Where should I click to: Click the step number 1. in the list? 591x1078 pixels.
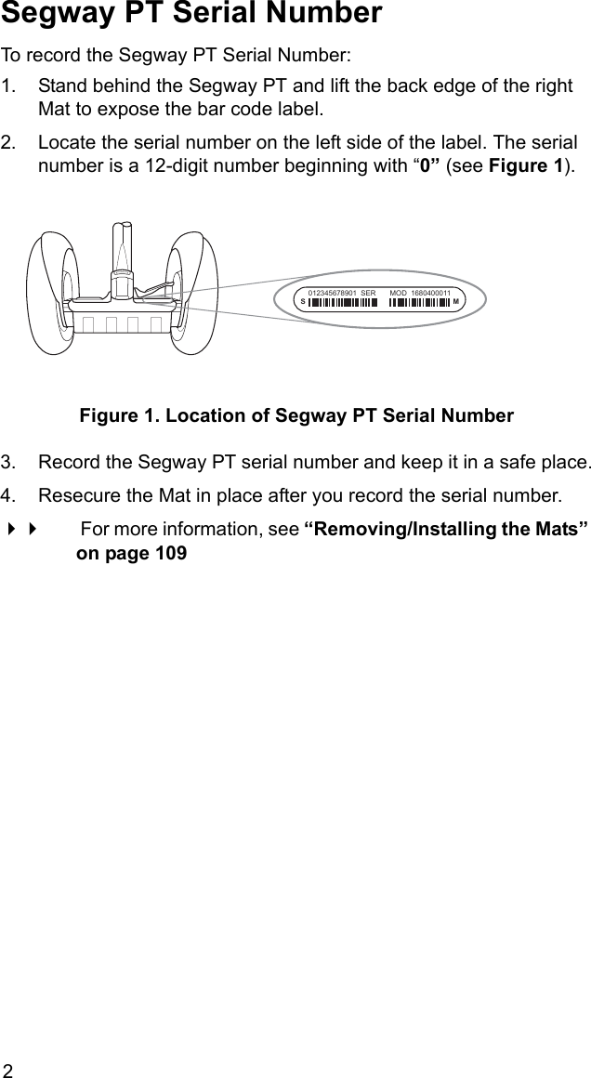coord(10,86)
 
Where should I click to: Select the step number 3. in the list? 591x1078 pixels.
coord(10,462)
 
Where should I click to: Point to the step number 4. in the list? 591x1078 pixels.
coord(10,492)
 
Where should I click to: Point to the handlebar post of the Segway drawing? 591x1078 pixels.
coord(123,246)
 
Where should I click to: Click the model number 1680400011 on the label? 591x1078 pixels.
coord(431,294)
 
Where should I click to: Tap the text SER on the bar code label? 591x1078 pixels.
coord(367,294)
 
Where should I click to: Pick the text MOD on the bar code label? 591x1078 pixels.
coord(399,294)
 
